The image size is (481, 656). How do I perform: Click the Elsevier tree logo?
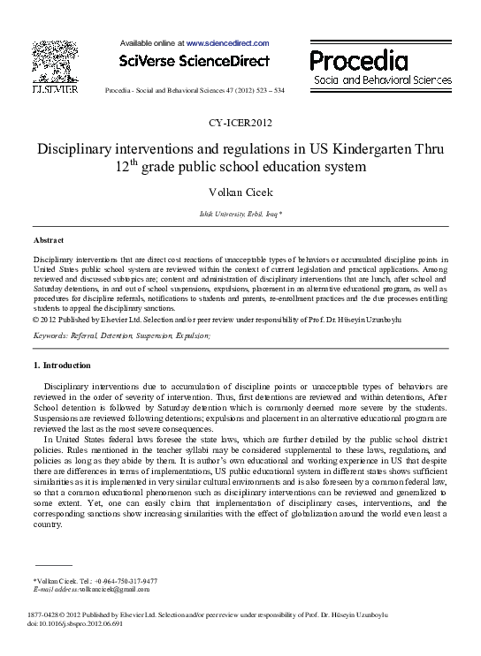click(54, 63)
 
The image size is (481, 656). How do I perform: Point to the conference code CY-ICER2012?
click(240, 123)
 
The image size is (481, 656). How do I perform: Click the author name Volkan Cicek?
click(240, 192)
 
